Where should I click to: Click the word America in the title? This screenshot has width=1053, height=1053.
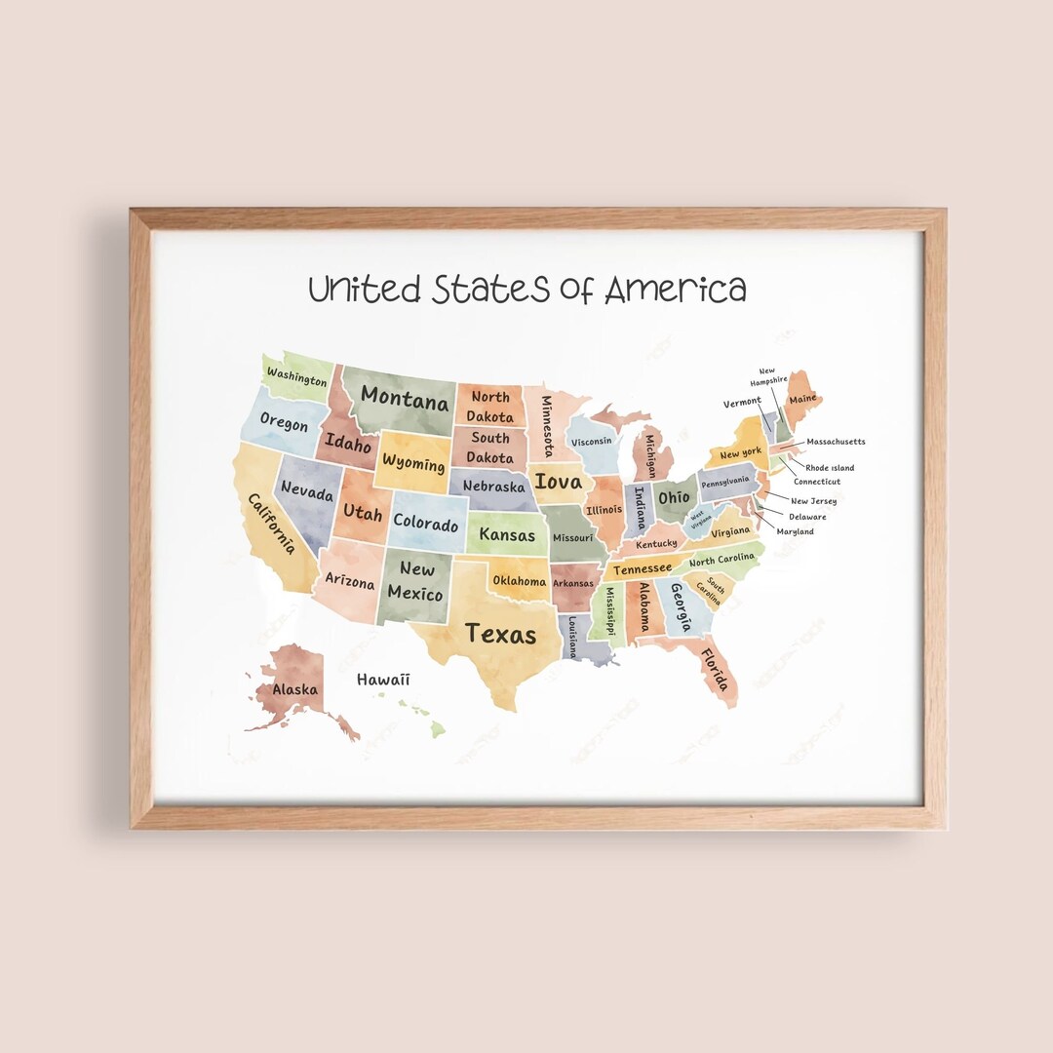675,290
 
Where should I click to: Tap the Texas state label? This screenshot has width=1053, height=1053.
500,634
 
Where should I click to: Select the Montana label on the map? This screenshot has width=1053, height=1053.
405,397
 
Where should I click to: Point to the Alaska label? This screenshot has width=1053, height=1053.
294,689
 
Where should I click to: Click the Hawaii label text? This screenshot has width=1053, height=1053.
383,680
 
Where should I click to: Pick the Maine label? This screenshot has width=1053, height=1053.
802,399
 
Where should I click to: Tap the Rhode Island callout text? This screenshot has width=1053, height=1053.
829,468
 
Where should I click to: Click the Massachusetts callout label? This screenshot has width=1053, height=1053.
836,442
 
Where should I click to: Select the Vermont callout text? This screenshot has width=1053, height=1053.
742,402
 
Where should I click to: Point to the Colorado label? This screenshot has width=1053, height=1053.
425,523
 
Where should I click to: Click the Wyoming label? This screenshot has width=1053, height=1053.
413,462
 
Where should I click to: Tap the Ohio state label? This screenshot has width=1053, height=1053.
674,497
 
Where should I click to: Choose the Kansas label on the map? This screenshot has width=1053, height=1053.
507,535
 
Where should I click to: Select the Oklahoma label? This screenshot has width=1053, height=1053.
519,581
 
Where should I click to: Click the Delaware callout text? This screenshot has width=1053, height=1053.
807,517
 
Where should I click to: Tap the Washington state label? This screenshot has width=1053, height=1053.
296,377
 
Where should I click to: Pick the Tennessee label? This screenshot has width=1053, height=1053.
642,568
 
